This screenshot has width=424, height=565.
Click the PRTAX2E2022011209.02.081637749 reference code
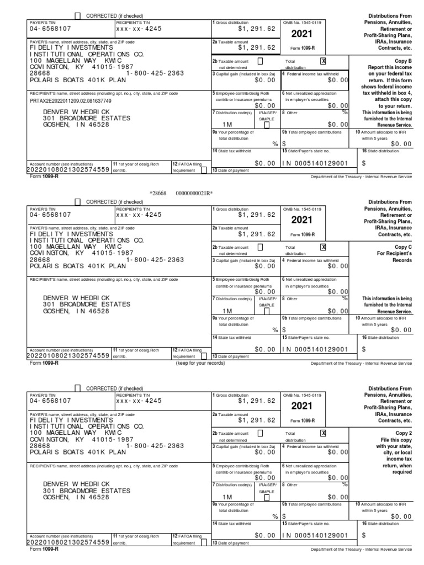(x=70, y=101)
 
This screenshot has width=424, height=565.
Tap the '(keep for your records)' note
(x=200, y=363)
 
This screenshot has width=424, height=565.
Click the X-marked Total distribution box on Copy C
(x=324, y=247)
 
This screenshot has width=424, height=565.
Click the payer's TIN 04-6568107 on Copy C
(x=50, y=215)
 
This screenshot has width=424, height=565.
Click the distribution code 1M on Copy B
(x=227, y=125)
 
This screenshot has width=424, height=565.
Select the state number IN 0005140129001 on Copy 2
(x=315, y=535)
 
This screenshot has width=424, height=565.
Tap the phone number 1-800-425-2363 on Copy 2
(x=155, y=445)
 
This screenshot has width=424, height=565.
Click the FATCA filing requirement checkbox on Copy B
(x=204, y=170)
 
